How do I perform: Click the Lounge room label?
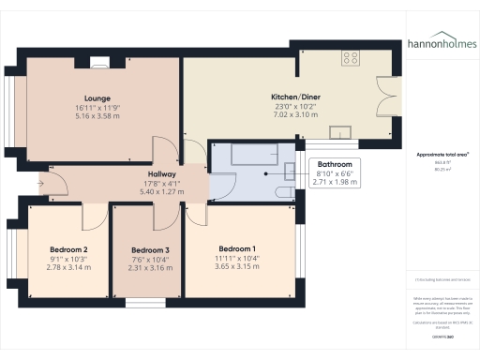(97, 98)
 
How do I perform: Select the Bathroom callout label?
(336, 163)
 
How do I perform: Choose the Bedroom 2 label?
(68, 249)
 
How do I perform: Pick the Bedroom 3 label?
(150, 250)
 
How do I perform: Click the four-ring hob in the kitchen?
(351, 58)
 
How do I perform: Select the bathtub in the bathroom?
(241, 154)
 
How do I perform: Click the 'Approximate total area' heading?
(442, 154)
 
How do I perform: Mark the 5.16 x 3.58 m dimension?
(97, 117)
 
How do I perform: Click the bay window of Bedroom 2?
(12, 252)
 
